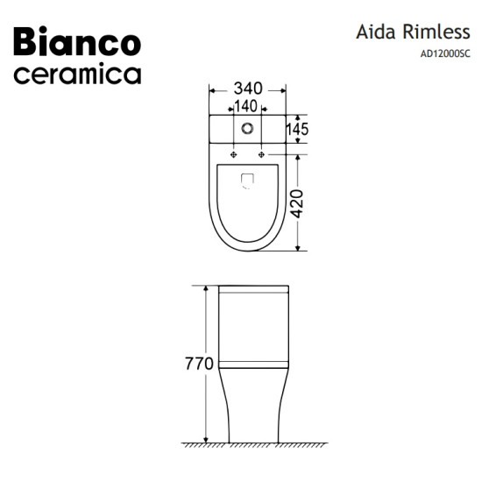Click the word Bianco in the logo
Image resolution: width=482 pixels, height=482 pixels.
(77, 41)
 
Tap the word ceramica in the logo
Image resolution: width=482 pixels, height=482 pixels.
(77, 74)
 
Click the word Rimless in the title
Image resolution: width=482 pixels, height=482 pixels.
(436, 32)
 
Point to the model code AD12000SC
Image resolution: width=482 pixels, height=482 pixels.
(445, 53)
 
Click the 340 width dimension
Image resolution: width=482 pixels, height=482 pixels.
(248, 89)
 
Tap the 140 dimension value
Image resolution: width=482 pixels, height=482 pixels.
(246, 106)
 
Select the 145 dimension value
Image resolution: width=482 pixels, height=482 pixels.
(297, 129)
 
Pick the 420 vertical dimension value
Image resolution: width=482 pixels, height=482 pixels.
(297, 204)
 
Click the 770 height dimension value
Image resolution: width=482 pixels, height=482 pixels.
(199, 364)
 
